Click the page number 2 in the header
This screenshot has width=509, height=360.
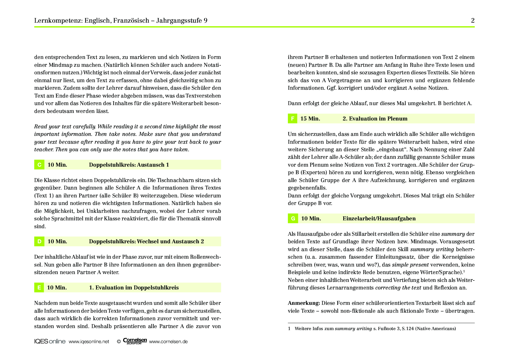(473, 20)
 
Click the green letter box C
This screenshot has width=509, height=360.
(39, 165)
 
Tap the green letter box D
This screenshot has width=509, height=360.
(39, 241)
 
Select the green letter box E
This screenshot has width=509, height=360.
(39, 287)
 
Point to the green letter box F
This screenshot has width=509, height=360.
(293, 118)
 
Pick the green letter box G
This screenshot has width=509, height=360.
(293, 218)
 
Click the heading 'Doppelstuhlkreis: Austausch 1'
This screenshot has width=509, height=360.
(129, 165)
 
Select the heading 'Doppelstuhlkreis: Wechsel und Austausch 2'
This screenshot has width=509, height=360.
(146, 241)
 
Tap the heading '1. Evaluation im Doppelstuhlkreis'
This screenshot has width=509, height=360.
(134, 287)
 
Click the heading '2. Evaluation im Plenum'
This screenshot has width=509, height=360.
(375, 118)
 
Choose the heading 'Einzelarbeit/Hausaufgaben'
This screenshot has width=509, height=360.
(379, 218)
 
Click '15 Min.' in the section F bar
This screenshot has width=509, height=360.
(310, 118)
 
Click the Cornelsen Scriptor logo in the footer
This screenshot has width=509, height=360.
(135, 341)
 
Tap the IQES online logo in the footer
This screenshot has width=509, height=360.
(50, 341)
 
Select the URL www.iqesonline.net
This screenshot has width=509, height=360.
(89, 341)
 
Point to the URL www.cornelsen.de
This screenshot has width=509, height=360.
(168, 341)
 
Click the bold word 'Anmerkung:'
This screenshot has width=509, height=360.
(304, 303)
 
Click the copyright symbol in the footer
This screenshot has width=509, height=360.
(119, 342)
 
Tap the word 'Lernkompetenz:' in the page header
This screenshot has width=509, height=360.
(58, 20)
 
